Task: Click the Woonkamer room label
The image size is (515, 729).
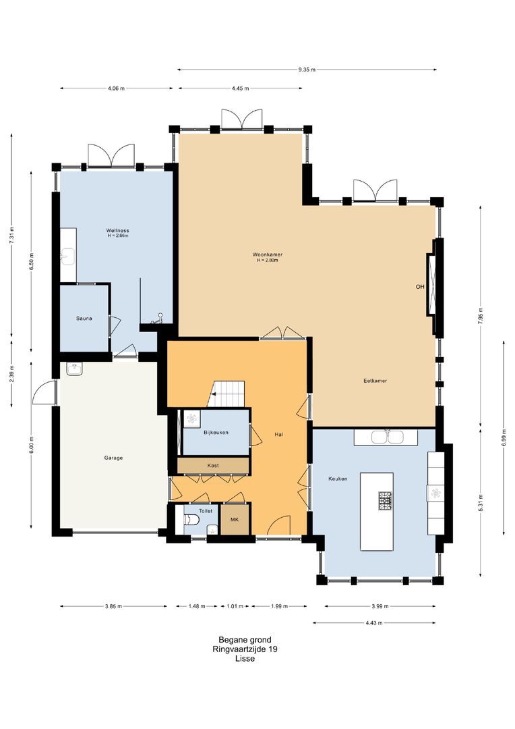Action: (268, 254)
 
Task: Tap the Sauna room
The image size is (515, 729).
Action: (84, 319)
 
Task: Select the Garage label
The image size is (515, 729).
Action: (113, 458)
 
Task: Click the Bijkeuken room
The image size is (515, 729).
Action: (216, 433)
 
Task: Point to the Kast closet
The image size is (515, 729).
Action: (214, 465)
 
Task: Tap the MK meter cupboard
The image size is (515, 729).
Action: (235, 519)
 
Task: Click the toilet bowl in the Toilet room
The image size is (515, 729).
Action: (191, 520)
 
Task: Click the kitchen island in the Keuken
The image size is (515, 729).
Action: (377, 512)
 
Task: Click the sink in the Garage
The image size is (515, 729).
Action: (74, 369)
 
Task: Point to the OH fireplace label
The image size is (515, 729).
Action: (420, 287)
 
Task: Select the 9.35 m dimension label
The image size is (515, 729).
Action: (307, 70)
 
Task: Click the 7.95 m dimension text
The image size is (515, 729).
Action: (481, 316)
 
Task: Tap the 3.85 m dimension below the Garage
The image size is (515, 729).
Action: (113, 606)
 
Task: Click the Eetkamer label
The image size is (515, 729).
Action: (375, 381)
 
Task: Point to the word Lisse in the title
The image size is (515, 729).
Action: (245, 658)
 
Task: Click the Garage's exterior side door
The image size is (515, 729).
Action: (44, 394)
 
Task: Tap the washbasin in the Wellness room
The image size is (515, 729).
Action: (69, 255)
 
